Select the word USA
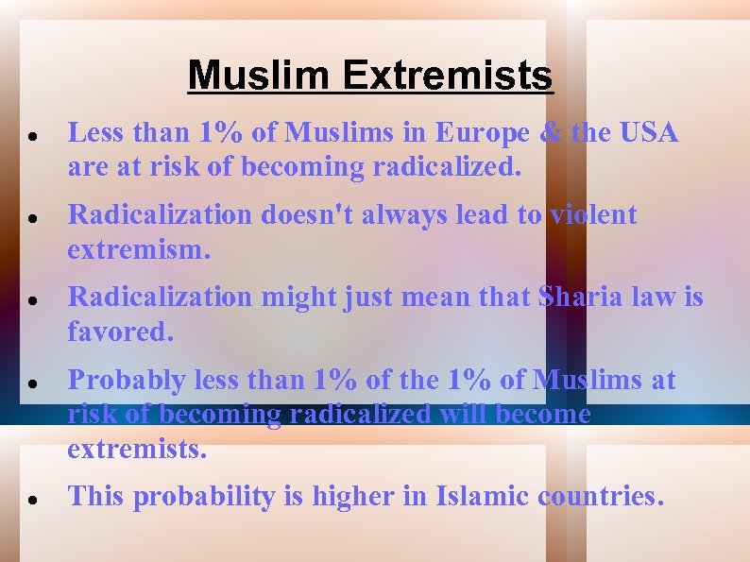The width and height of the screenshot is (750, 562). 649,133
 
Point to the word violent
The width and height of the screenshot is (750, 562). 593,215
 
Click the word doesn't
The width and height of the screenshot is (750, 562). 307,215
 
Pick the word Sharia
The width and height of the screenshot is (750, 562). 576,298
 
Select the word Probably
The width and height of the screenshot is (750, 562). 126,381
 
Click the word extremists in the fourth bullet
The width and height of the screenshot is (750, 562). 136,449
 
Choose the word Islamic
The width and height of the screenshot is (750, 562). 483,496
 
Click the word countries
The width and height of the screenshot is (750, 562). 601,496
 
